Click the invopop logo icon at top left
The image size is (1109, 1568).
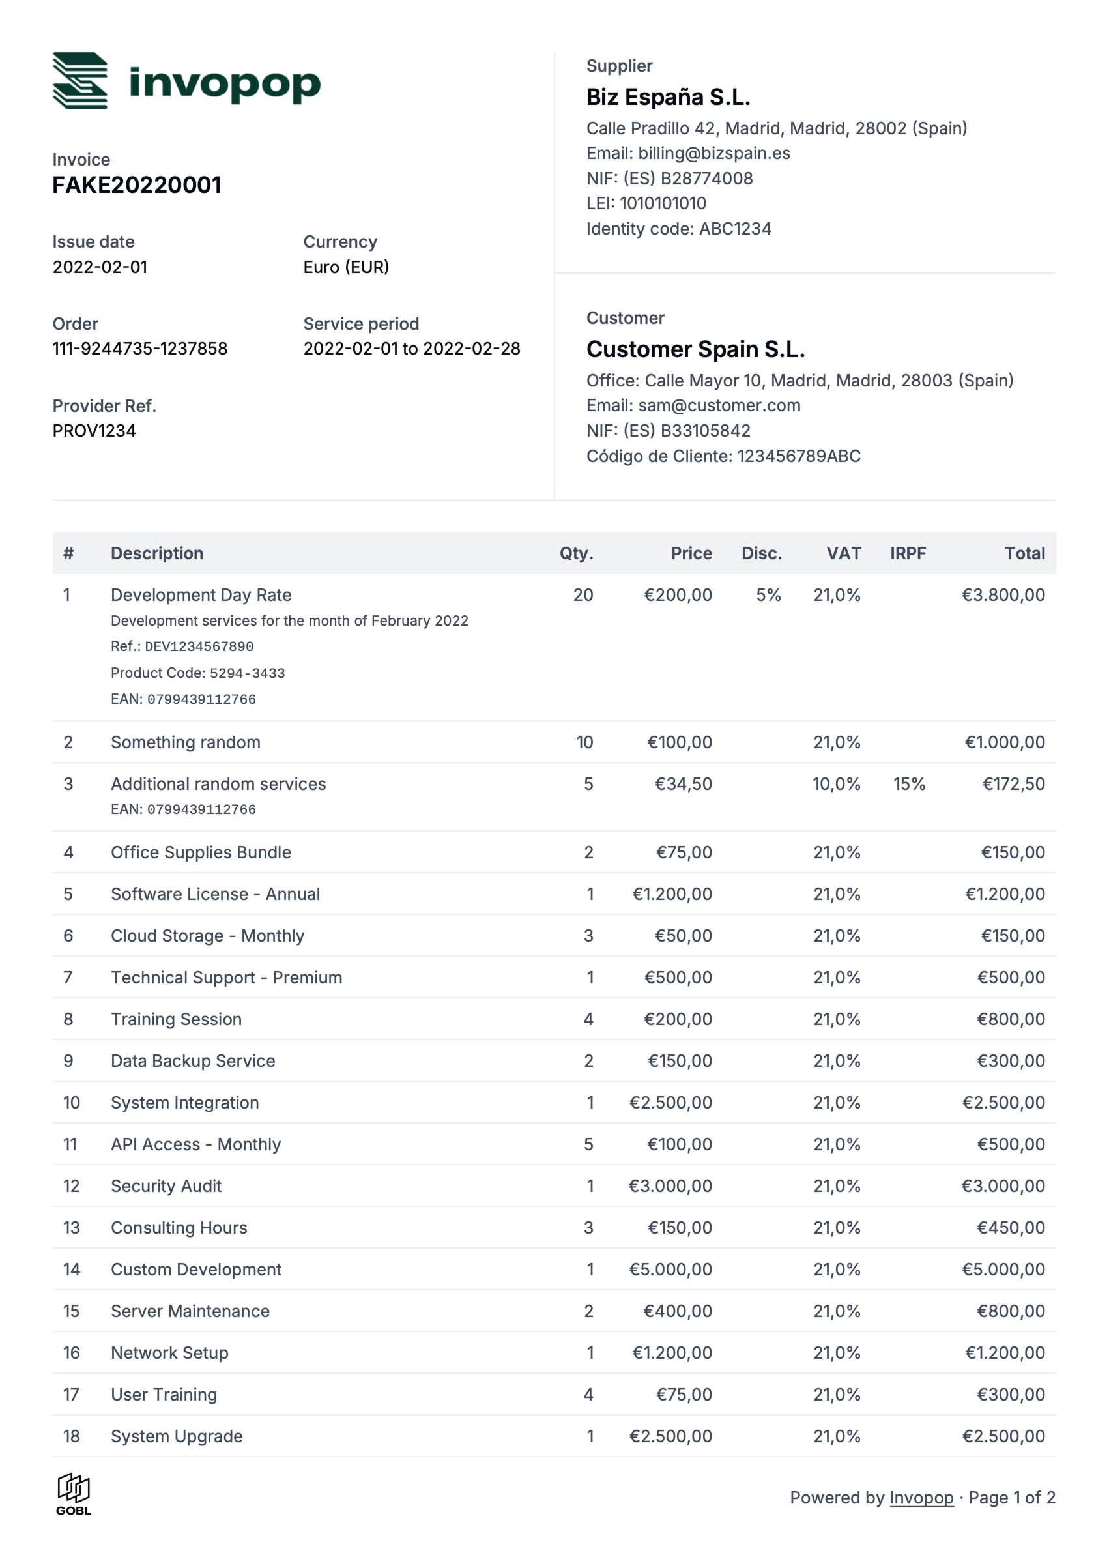(x=80, y=81)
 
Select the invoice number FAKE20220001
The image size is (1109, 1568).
(x=137, y=185)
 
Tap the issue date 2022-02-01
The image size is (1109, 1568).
(x=100, y=267)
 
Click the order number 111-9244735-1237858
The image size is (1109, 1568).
(x=139, y=349)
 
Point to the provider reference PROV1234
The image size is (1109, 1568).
(x=94, y=431)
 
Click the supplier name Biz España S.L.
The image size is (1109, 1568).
(x=668, y=97)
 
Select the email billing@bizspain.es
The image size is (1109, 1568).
(x=713, y=153)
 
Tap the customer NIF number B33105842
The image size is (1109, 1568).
(x=705, y=431)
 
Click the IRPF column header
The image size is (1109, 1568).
(x=907, y=553)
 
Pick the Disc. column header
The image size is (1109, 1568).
(x=762, y=553)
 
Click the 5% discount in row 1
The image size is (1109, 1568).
(x=768, y=595)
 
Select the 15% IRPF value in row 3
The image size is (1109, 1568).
(x=909, y=784)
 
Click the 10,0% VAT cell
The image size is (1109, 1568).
(x=836, y=784)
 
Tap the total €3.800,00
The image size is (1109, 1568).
(x=1003, y=595)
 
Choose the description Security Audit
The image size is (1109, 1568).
(x=166, y=1186)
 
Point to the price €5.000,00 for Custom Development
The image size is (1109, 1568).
(x=670, y=1270)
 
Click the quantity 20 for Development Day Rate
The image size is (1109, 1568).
(x=583, y=595)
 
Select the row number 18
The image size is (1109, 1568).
(x=71, y=1436)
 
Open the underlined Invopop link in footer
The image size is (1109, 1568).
(x=921, y=1498)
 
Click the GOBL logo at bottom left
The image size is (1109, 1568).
(x=73, y=1494)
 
